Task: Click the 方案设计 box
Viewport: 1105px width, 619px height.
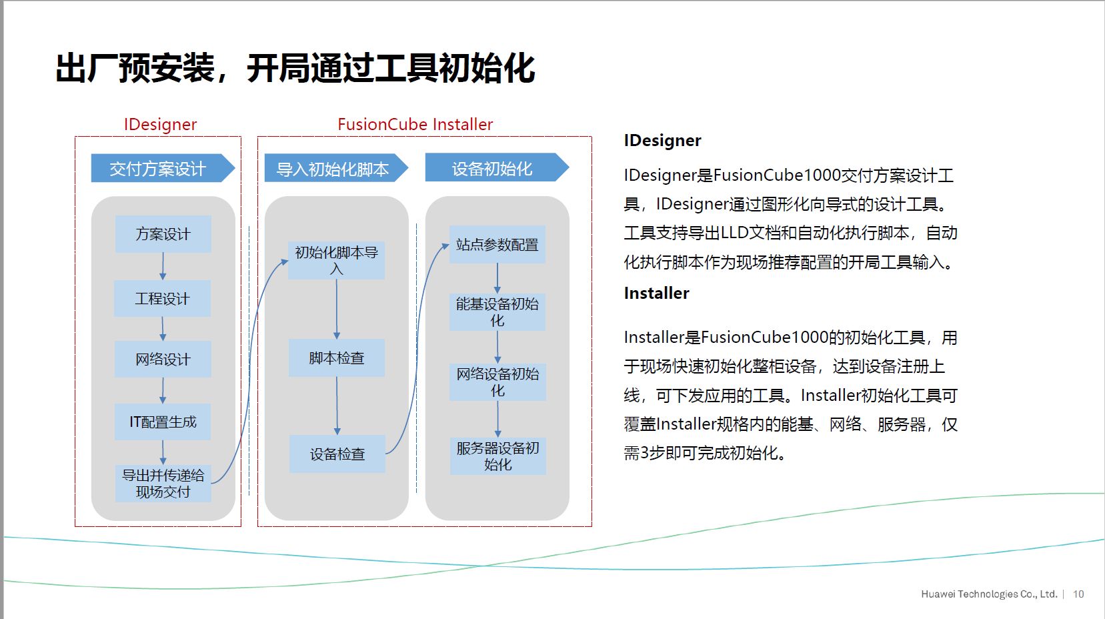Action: point(163,233)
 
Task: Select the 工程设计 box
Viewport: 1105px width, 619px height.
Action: point(162,298)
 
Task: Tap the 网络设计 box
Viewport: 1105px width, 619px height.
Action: point(163,359)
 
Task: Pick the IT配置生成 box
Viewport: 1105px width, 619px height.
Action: point(163,422)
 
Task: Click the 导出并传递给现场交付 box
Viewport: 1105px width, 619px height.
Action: point(163,484)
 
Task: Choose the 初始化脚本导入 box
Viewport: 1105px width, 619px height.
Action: point(336,260)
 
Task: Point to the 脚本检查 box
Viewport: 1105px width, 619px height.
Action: point(336,358)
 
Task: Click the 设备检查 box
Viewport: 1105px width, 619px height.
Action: point(337,454)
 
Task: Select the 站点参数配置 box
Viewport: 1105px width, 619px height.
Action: point(497,245)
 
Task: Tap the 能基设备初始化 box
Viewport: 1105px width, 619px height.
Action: point(497,312)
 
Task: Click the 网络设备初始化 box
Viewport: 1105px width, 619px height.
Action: point(497,382)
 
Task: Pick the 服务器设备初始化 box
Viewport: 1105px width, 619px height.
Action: point(497,456)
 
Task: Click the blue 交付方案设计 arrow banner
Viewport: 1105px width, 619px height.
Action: point(163,168)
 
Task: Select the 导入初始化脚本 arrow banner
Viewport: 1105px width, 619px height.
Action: point(336,168)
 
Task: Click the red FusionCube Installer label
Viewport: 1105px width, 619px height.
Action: point(415,124)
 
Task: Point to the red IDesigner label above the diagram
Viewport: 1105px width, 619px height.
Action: point(160,125)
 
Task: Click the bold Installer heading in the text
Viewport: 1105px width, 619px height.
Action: point(657,293)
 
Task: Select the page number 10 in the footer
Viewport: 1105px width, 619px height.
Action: point(1078,594)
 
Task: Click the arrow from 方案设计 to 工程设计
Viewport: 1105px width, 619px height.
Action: point(163,266)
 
